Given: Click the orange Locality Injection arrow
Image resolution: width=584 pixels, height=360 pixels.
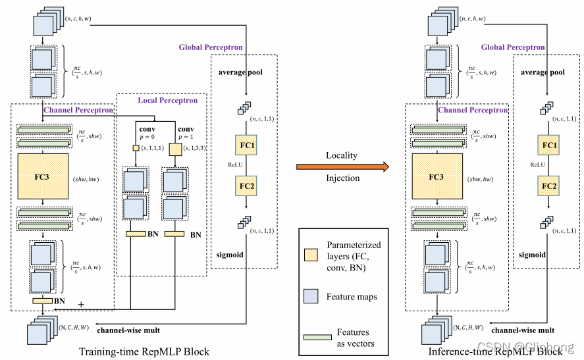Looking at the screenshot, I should point(342,166).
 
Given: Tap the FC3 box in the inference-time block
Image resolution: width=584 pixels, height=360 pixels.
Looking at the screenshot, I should point(435,177).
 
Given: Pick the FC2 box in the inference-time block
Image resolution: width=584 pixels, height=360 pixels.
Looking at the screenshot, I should point(550,186).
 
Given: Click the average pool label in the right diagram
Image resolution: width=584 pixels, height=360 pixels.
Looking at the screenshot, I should point(543,72).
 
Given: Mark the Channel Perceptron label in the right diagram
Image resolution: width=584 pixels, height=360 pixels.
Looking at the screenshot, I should point(473,111).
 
